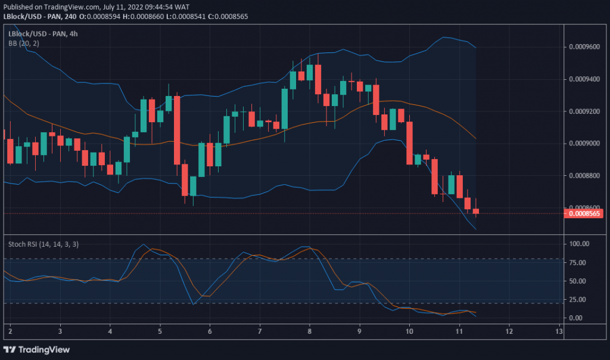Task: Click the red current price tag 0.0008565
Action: (x=586, y=213)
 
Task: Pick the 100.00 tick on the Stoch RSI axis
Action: (x=580, y=244)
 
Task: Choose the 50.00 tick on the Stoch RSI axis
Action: (x=580, y=281)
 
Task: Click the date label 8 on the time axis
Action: (x=310, y=331)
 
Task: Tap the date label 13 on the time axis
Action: (x=558, y=331)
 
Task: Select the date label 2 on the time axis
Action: (x=11, y=331)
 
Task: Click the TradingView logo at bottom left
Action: (x=37, y=349)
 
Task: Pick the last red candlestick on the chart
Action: (x=475, y=210)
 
